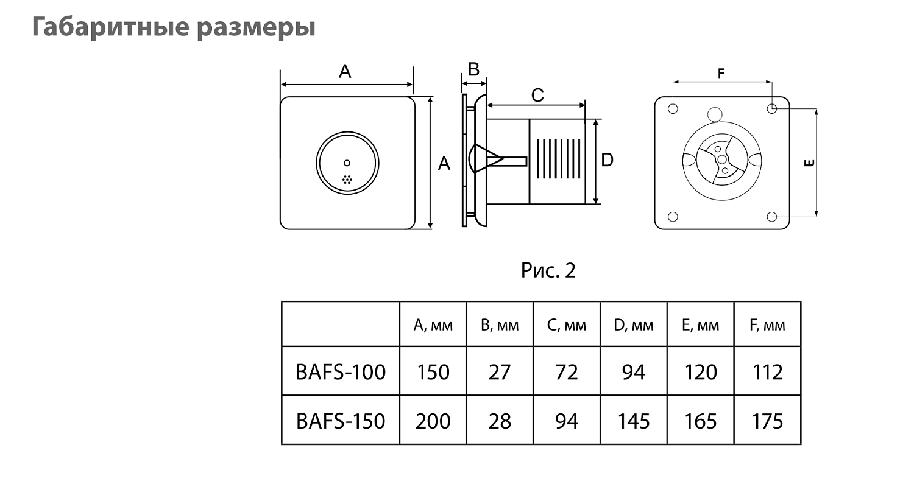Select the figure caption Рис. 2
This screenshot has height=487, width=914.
548,270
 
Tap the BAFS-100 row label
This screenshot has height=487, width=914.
341,371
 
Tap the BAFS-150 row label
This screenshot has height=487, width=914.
341,421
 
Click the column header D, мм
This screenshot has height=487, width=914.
634,325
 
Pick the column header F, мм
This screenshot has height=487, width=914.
767,325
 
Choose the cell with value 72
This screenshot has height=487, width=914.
567,371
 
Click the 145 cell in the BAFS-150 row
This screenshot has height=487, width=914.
634,421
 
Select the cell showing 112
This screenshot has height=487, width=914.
767,371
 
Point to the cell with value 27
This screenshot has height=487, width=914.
500,371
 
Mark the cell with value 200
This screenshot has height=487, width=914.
433,421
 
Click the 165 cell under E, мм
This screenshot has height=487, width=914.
701,421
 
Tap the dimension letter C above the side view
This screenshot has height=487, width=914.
537,96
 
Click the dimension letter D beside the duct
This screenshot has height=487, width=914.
607,160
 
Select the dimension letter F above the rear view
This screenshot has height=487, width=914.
721,74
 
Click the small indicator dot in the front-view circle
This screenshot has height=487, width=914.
347,163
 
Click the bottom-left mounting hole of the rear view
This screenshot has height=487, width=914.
673,217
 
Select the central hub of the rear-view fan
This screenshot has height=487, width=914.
722,159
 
